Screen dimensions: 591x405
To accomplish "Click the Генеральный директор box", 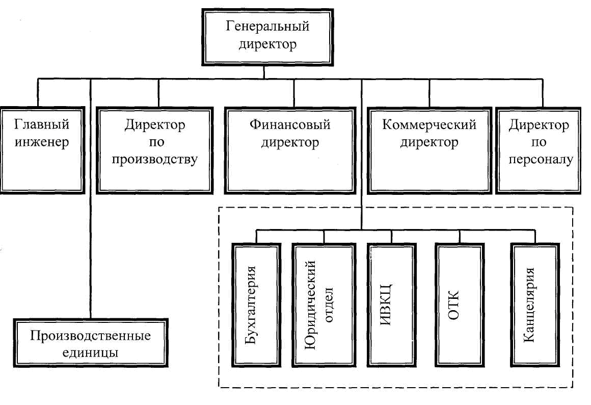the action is point(267,37).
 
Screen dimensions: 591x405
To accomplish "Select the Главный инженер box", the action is point(42,150).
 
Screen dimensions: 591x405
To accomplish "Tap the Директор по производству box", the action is point(154,150).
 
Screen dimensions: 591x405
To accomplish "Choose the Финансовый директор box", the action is point(290,150).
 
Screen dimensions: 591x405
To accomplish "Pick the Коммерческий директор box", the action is point(429,150).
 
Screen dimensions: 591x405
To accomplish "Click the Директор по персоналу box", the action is point(538,150).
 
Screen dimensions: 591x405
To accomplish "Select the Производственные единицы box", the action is point(91,343).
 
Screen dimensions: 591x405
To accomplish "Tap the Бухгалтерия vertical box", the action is point(256,305).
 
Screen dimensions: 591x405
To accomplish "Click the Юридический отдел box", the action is point(324,305).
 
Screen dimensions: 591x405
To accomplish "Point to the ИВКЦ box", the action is point(392,305).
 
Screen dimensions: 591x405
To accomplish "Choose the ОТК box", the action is point(460,305).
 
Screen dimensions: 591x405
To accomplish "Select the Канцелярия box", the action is point(535,305).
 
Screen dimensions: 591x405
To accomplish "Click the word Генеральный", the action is point(267,27).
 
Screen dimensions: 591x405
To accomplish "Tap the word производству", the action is point(154,160).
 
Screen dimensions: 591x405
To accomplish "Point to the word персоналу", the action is point(541,160).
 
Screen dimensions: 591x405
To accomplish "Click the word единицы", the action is point(90,352).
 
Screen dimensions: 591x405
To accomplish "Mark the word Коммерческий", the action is point(429,124).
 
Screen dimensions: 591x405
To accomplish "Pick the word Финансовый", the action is point(290,124).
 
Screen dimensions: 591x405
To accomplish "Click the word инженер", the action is point(42,142).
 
